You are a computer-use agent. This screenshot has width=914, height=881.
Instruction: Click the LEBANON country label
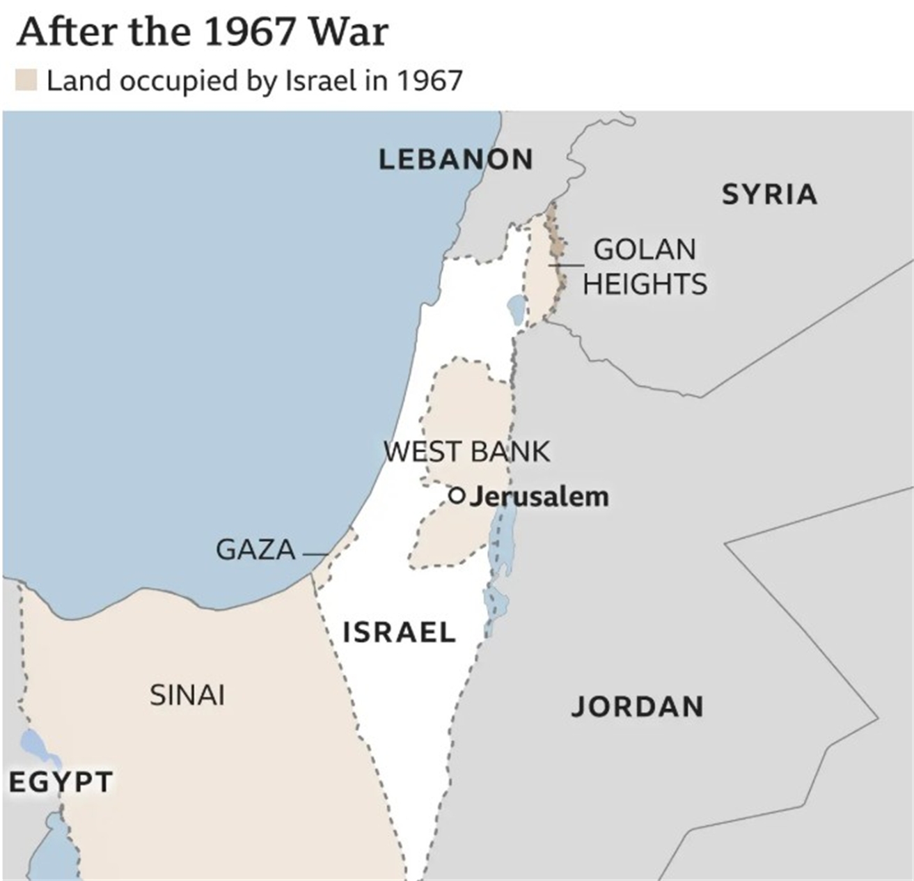pos(456,159)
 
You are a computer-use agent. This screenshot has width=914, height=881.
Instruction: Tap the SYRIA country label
pos(769,194)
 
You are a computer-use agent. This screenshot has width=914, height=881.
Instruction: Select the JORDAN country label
pos(637,707)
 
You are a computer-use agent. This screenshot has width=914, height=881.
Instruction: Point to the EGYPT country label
pos(61,782)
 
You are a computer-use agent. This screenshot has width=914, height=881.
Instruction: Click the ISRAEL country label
pos(399,632)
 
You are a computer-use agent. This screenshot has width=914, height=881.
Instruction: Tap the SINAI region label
pos(187,695)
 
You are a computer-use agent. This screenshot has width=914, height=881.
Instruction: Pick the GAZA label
pos(255,550)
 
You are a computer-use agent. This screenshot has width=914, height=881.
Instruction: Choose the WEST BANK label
pos(466,451)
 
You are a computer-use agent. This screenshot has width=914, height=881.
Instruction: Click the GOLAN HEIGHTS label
pos(645,267)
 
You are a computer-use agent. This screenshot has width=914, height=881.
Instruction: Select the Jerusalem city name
pos(539,497)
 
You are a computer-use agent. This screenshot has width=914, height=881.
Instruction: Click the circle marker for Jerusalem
pos(457,496)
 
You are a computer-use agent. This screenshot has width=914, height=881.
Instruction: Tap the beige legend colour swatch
pos(26,80)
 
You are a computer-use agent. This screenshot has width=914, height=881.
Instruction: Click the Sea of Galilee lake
pos(517,309)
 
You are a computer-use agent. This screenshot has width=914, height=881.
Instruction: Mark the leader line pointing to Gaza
pos(315,554)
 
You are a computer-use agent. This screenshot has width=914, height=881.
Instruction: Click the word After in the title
pos(58,32)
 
